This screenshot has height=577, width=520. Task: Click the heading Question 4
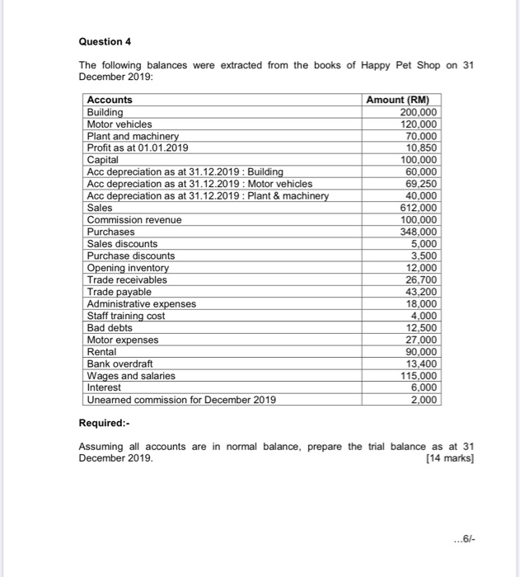pyautogui.click(x=105, y=41)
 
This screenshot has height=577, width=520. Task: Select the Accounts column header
pyautogui.click(x=110, y=100)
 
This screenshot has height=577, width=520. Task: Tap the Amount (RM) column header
pyautogui.click(x=402, y=100)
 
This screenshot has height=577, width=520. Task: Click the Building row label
pyautogui.click(x=105, y=112)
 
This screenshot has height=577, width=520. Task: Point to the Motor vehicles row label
pyautogui.click(x=119, y=124)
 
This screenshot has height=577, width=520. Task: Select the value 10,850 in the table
pyautogui.click(x=422, y=148)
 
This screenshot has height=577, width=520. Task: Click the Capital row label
pyautogui.click(x=103, y=160)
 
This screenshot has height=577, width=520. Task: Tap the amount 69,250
pyautogui.click(x=422, y=184)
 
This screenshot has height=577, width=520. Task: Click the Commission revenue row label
pyautogui.click(x=134, y=220)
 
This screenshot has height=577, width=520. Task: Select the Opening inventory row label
pyautogui.click(x=128, y=268)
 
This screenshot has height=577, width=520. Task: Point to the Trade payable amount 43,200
pyautogui.click(x=422, y=292)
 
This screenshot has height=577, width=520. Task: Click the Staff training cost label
pyautogui.click(x=126, y=316)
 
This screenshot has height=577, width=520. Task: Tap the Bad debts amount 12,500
pyautogui.click(x=422, y=327)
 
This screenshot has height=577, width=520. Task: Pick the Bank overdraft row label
pyautogui.click(x=120, y=364)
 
